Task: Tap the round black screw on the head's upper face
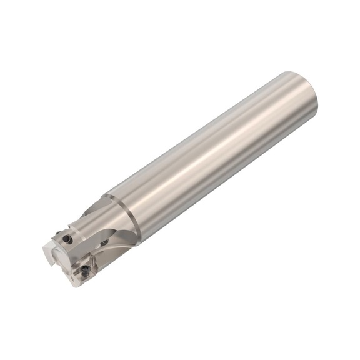[67, 239]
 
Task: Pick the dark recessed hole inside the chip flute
[104, 242]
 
